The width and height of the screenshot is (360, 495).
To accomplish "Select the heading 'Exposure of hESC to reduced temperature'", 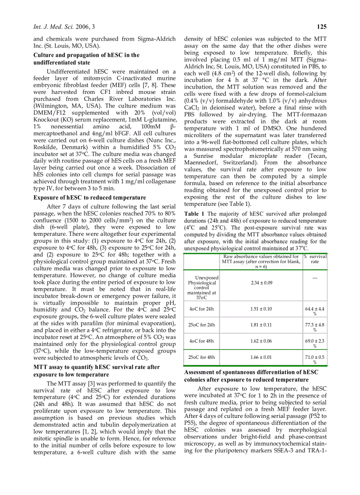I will [90, 197].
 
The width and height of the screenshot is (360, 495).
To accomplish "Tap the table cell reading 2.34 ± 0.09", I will [262, 283].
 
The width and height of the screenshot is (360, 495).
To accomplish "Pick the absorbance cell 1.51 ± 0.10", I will [262, 309].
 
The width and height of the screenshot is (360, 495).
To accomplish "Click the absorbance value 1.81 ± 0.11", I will [262, 325].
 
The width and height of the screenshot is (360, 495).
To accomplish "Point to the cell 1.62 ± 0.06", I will [262, 341].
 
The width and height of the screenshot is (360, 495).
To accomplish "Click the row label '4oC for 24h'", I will [202, 309].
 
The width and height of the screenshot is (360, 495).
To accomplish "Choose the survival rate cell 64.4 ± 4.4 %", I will [315, 311].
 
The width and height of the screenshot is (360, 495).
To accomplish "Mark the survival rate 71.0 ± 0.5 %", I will [315, 359].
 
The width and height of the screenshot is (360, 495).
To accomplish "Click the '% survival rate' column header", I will [315, 259].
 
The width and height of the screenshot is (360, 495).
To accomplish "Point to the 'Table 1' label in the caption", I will [194, 214].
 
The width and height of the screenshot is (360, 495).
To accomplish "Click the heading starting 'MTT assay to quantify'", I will [97, 367].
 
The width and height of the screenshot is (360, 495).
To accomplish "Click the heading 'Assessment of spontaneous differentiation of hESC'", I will [251, 372].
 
